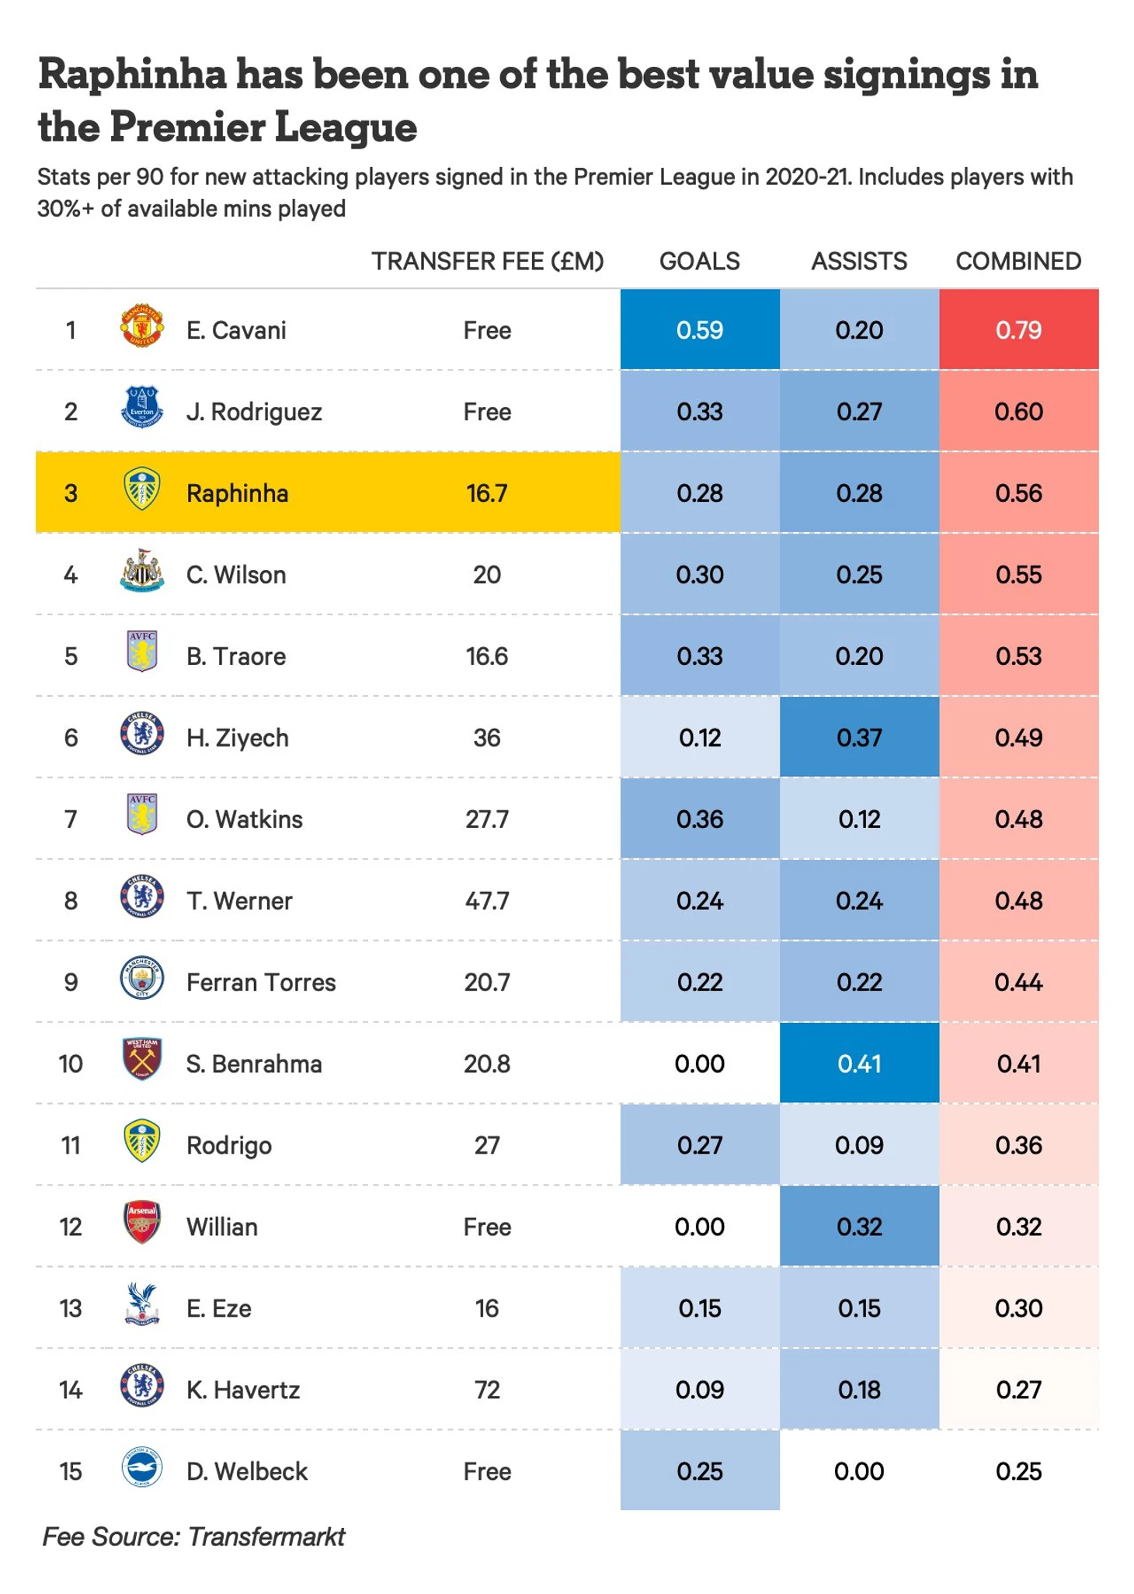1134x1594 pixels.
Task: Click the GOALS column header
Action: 699,261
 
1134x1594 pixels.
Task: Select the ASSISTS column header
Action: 859,261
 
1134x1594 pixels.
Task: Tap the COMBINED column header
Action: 1018,261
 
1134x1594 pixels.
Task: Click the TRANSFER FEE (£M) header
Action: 487,261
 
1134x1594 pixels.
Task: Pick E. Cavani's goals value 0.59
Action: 699,330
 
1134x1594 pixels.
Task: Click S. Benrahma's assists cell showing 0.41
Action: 859,1063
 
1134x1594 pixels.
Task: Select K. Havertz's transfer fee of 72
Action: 487,1390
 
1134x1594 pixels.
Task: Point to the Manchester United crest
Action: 142,325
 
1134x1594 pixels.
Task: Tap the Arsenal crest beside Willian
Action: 142,1223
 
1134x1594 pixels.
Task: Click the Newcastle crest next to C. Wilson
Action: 142,571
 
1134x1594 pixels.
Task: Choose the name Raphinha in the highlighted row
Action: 237,493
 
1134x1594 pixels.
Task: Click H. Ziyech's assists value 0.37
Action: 859,737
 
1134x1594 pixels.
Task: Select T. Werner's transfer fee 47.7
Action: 487,900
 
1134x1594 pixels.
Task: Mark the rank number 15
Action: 71,1471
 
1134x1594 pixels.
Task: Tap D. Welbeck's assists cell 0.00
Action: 859,1471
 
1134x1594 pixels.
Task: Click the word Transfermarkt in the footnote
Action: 266,1537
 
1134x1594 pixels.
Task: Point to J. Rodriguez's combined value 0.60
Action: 1018,412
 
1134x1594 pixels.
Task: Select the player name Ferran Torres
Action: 261,982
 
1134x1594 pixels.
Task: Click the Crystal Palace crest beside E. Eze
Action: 142,1303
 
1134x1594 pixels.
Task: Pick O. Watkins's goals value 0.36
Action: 699,819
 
